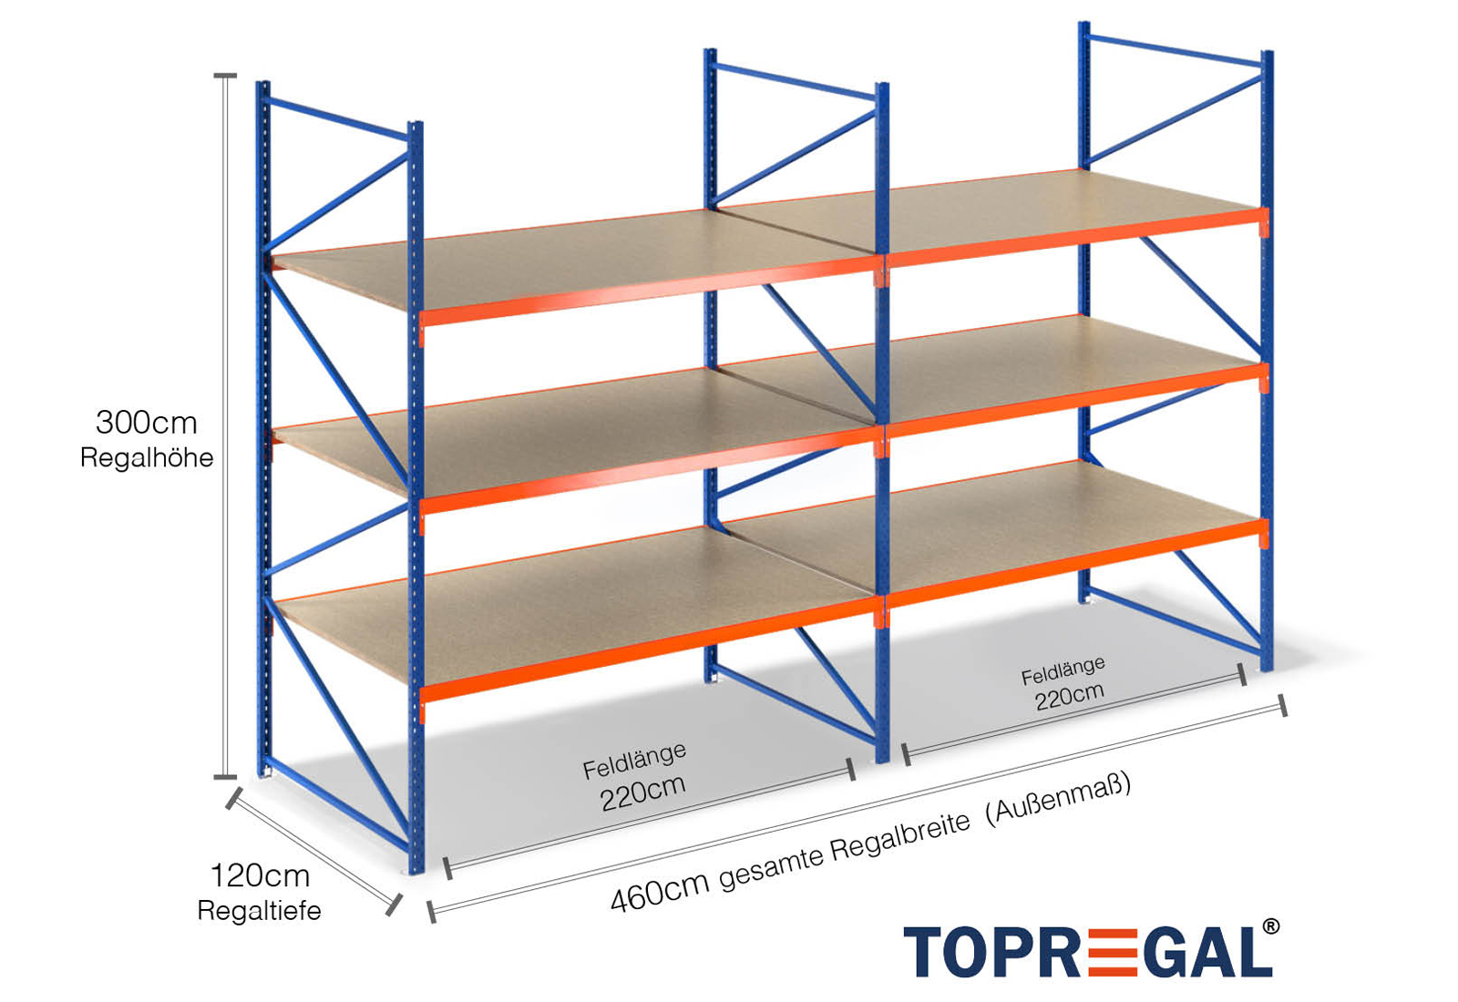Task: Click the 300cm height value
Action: (x=146, y=423)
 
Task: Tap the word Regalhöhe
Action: (x=147, y=457)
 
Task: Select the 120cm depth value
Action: (x=260, y=876)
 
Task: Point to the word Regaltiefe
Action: (x=259, y=910)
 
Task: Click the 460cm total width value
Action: (x=659, y=891)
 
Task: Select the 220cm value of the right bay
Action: (x=1069, y=696)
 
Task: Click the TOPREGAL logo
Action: (x=1089, y=953)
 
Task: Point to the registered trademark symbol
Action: (x=1270, y=927)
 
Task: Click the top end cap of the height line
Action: (x=225, y=76)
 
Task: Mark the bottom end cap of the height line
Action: (x=225, y=778)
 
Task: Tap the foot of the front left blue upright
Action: (x=416, y=868)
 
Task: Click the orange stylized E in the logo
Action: (x=1113, y=953)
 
